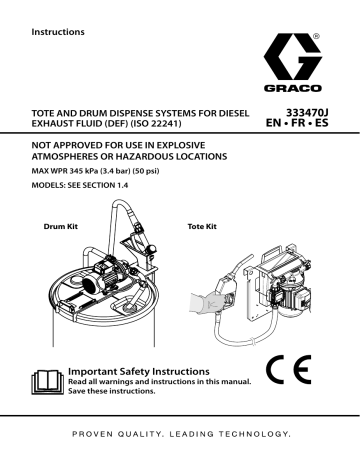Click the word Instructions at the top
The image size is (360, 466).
pos(59,31)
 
